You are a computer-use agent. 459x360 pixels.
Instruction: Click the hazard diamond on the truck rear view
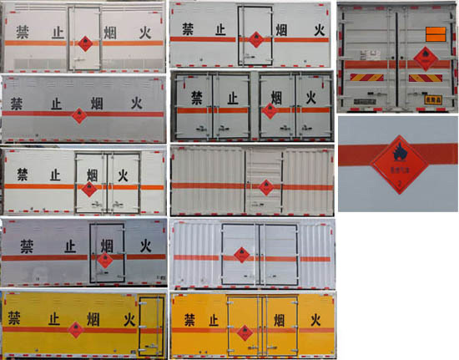[x=422, y=56]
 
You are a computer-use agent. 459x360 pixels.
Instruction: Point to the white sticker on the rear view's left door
[x=366, y=60]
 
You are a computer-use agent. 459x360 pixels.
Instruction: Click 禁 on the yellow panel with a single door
[x=14, y=317]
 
